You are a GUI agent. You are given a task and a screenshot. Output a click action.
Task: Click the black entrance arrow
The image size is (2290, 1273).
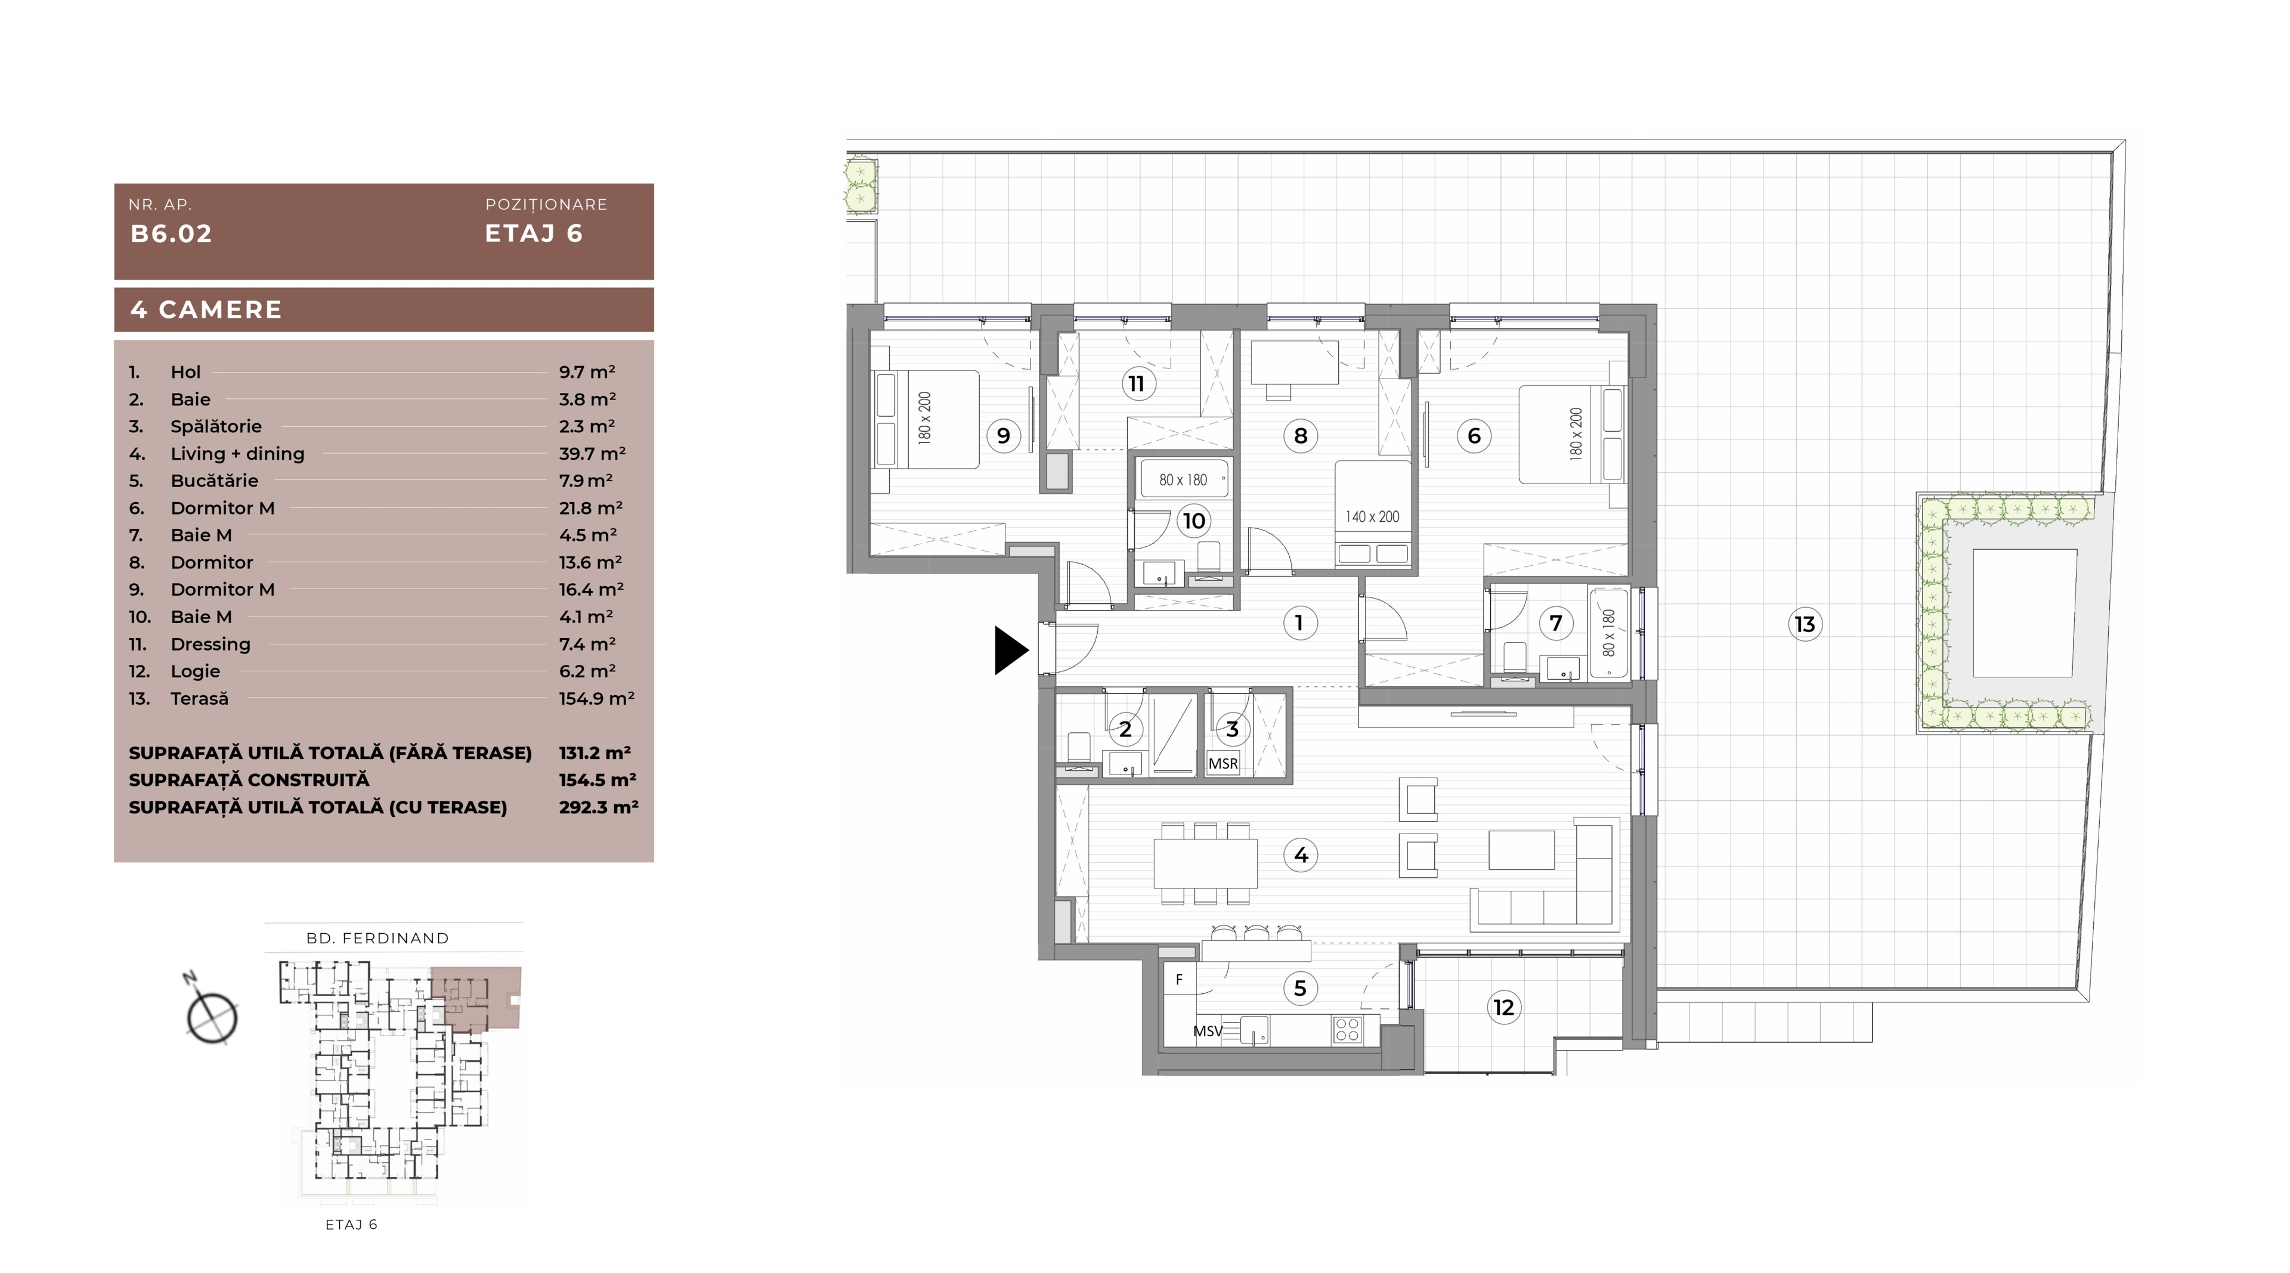tap(1010, 651)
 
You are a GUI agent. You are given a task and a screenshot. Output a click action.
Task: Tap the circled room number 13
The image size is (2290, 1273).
tap(1805, 624)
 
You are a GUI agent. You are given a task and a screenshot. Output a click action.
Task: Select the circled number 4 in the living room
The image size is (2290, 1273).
tap(1301, 855)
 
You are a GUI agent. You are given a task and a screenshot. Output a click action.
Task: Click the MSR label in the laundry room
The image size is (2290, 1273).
tap(1223, 764)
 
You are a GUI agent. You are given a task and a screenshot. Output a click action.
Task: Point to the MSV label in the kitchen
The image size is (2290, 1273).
tap(1207, 1031)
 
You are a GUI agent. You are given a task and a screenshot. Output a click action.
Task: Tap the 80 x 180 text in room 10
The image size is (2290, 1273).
tap(1183, 480)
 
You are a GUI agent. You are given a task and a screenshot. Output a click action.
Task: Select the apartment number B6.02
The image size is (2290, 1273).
tap(172, 234)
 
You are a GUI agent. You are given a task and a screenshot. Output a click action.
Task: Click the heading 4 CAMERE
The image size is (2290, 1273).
tap(206, 309)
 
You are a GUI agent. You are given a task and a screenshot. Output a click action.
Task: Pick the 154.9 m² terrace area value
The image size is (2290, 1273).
tap(596, 699)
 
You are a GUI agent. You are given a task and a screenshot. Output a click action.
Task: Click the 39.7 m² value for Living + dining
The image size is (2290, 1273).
tap(592, 453)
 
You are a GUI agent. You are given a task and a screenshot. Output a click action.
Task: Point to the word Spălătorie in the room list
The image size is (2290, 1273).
tap(216, 427)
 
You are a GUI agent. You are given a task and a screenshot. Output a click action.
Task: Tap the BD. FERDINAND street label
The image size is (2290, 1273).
tap(378, 938)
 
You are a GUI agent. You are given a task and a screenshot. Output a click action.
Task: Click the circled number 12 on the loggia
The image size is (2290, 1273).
tap(1503, 1007)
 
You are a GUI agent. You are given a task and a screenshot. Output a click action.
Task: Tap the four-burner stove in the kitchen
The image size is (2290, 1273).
tap(1347, 1029)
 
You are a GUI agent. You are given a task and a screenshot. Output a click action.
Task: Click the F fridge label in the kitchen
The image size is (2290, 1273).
tap(1179, 980)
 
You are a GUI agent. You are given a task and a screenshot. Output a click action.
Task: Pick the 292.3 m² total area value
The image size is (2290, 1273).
tap(598, 807)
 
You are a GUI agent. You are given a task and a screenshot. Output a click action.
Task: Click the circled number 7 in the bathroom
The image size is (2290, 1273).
tap(1556, 623)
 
